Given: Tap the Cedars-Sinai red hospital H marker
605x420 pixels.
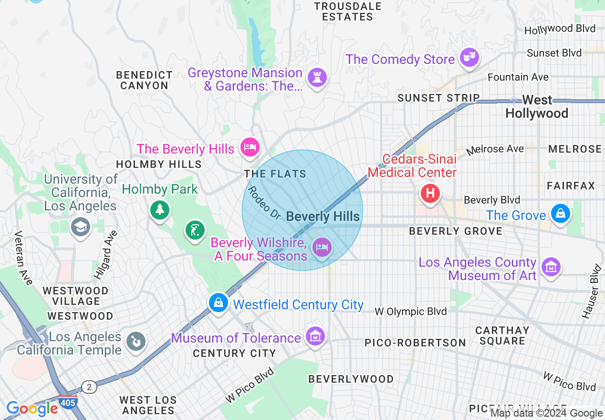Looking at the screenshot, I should coord(430,194).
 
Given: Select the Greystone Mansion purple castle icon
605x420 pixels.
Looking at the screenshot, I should coord(317,77).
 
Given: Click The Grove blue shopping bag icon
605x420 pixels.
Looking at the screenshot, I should coord(560,213).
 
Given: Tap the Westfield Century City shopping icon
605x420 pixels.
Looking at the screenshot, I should coord(219,303).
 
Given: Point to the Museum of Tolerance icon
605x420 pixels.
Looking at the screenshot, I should coord(315,336).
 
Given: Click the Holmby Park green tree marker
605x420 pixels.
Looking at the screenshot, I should coord(160,209).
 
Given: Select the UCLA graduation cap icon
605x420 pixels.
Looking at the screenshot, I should coord(81,227).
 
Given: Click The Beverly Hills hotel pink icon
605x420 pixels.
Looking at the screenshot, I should coord(250,146).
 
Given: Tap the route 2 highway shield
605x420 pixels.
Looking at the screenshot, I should coord(89,387).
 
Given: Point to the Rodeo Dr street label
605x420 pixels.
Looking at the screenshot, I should coord(264,203).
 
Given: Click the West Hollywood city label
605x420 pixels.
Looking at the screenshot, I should coord(537,107).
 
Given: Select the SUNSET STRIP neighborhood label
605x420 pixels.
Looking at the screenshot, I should coord(438,98).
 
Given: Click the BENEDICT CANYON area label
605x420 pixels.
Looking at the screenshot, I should coord(144,80).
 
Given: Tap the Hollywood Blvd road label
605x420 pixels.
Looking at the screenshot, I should coord(560,29).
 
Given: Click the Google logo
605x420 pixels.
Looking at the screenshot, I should coord(32,409).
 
